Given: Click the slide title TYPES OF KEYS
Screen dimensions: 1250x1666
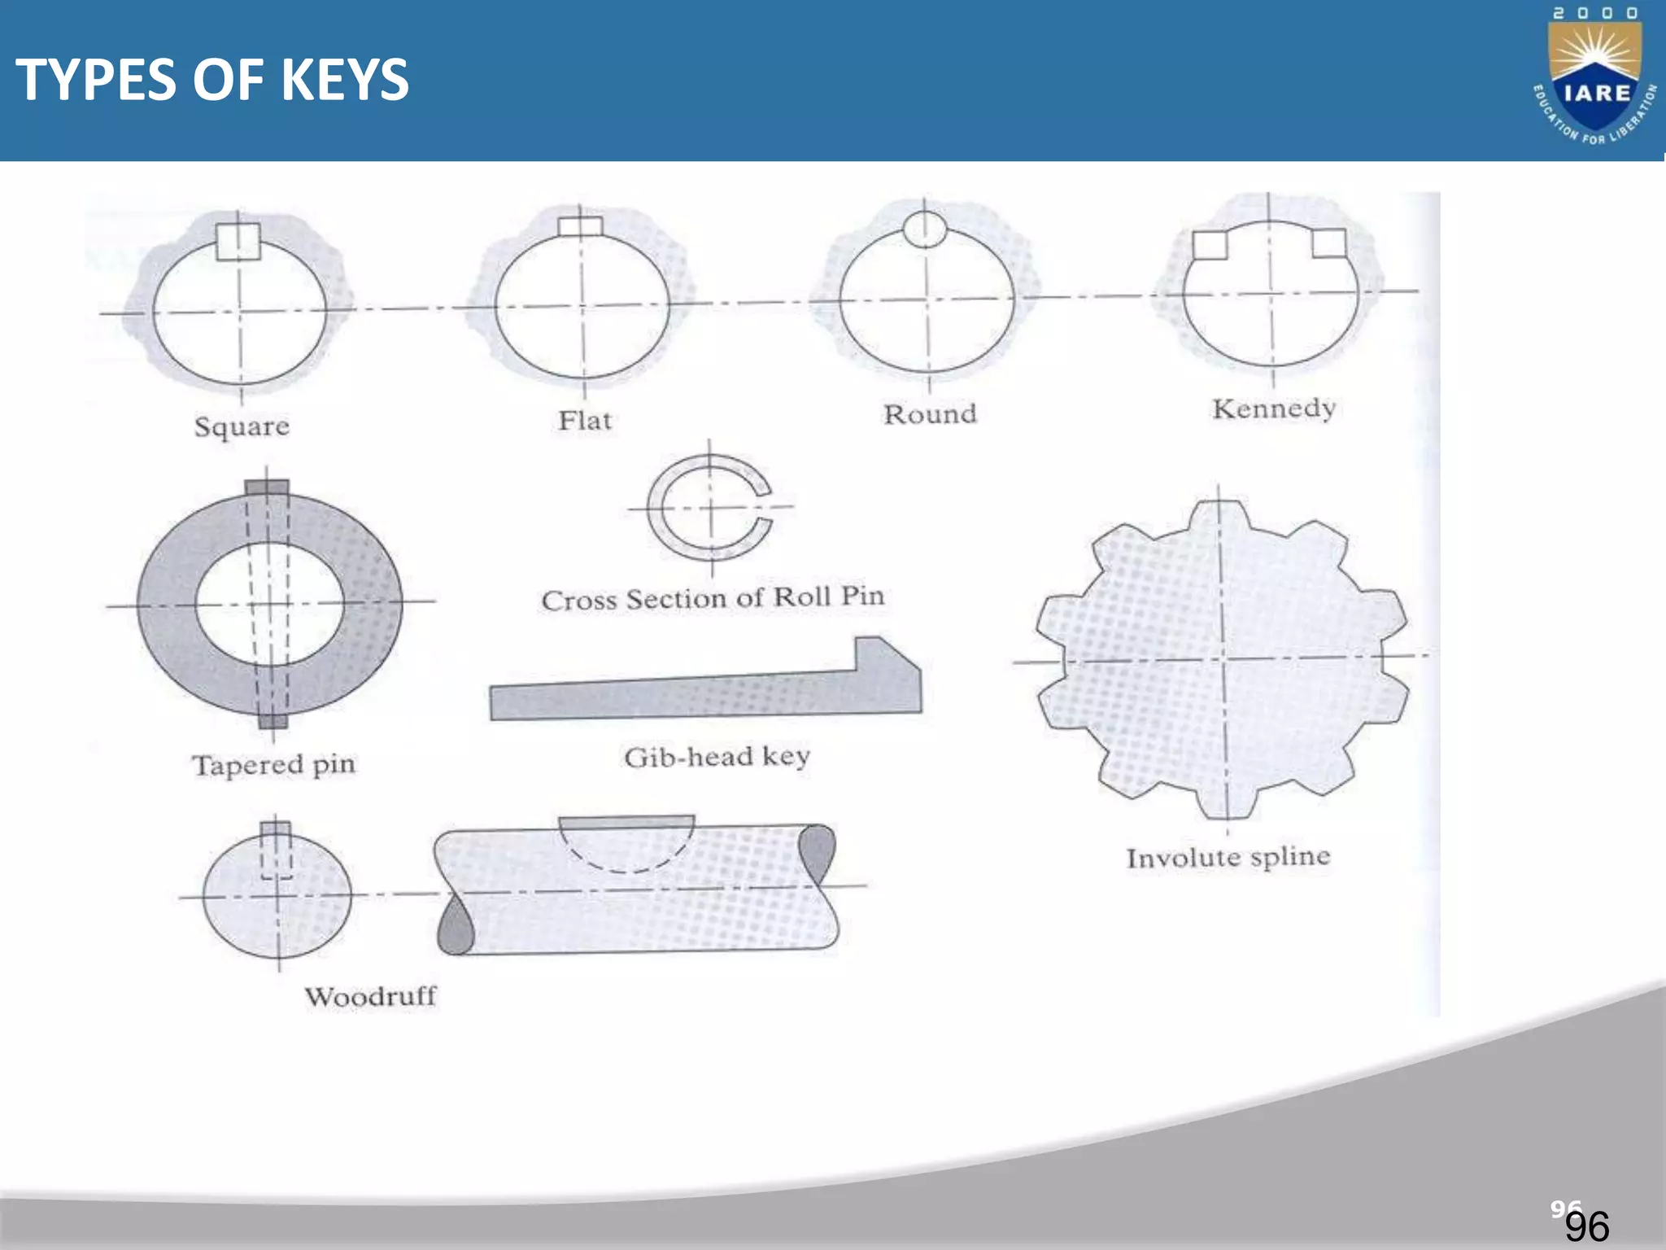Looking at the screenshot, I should (212, 80).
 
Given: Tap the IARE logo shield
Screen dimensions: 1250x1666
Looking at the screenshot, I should (1594, 81).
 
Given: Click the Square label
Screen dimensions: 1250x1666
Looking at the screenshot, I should (242, 426).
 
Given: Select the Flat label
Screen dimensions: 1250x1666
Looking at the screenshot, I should (585, 421).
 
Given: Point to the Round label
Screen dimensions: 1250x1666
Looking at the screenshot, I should (930, 414).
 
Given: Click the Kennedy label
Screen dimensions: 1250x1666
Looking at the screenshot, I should (1274, 409).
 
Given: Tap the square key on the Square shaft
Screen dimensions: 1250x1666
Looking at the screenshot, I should (238, 242).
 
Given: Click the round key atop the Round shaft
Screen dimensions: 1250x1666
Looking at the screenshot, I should (925, 229).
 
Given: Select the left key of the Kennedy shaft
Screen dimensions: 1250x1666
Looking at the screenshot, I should (1210, 245).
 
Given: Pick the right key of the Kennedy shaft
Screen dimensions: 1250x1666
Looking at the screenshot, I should (1329, 243).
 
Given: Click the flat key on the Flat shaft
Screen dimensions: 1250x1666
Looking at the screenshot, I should (581, 226).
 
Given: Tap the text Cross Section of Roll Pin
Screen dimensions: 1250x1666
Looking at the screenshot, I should (713, 598).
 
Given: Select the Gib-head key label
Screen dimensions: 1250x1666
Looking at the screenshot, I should (717, 757).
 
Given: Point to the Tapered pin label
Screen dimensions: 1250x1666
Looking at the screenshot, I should (274, 765).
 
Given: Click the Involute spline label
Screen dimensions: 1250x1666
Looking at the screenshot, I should (1228, 857).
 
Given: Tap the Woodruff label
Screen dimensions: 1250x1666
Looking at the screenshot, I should (370, 996).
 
